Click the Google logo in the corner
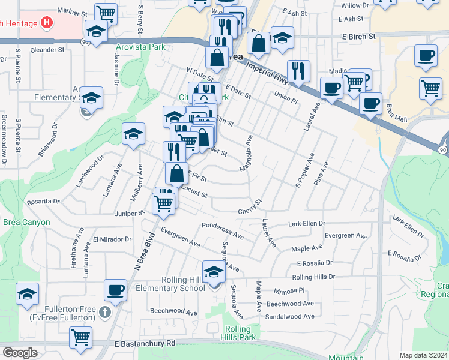tap(20, 353)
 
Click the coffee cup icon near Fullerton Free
tap(116, 290)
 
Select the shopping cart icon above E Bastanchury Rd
tap(80, 337)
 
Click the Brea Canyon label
tap(25, 222)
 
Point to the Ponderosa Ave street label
tap(223, 231)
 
